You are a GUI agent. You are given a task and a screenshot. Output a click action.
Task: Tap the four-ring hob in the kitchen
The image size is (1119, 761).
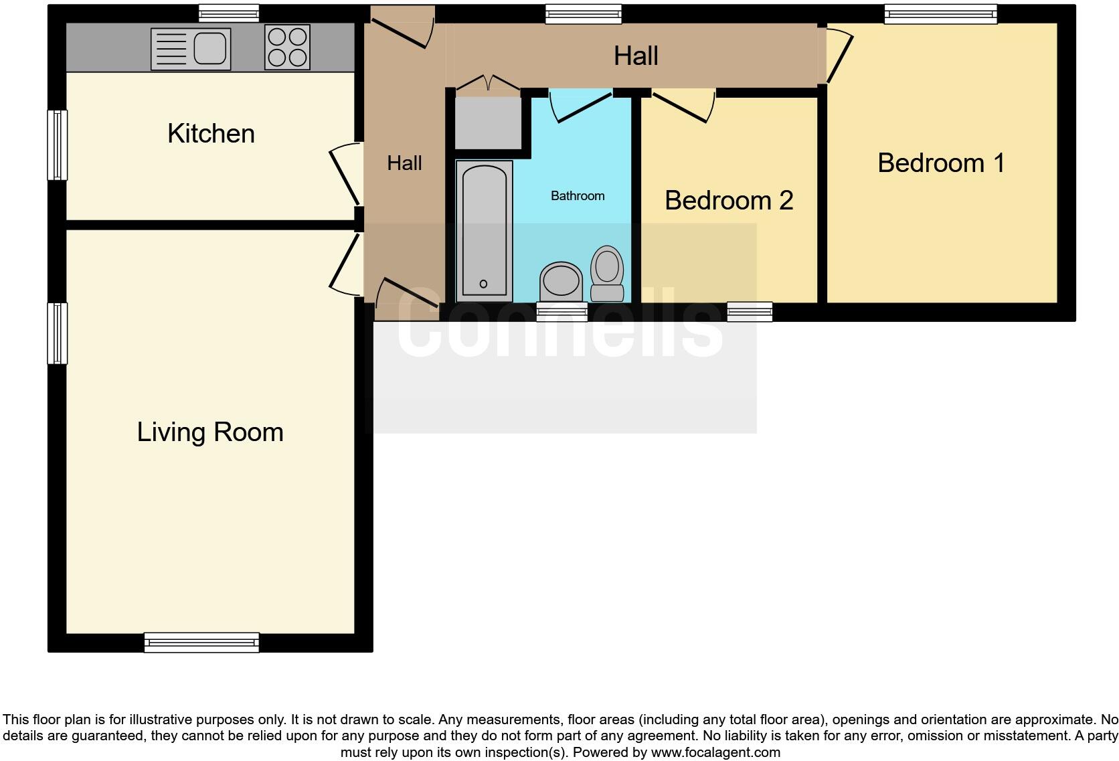coord(287,47)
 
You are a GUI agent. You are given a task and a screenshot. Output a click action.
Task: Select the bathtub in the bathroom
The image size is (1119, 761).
coord(484,231)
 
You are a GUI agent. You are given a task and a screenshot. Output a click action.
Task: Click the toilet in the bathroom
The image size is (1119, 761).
coord(607,274)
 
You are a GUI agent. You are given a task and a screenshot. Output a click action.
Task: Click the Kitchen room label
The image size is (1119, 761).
coord(211,134)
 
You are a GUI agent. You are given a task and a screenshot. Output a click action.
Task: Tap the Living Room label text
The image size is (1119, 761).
coord(210,432)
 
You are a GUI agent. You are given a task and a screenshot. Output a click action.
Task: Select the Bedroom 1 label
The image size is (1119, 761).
coord(941,163)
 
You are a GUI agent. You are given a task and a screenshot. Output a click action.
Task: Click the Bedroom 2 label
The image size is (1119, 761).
coord(729,201)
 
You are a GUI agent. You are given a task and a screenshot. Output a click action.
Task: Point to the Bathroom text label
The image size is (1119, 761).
coord(578,196)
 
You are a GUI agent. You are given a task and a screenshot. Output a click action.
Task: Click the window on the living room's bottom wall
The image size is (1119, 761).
coord(201,642)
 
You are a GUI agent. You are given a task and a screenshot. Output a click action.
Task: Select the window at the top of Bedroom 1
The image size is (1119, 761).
coord(940,14)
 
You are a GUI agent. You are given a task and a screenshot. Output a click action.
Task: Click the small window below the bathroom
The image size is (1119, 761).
coord(562,311)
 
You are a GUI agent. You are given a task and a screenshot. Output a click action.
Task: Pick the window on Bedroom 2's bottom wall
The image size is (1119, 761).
coord(750,311)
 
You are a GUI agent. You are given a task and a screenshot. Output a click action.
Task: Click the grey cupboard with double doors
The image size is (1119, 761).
coord(488,122)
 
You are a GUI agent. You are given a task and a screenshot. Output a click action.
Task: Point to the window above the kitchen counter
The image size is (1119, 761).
coord(229,13)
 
